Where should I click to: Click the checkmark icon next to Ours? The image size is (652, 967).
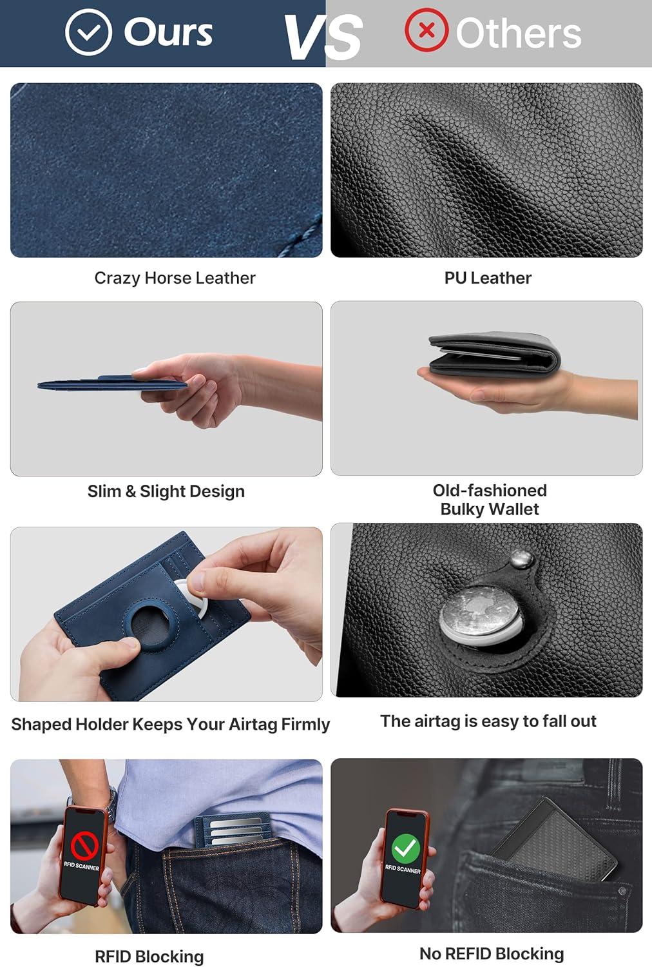[88, 32]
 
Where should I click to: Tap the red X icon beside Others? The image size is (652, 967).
[426, 30]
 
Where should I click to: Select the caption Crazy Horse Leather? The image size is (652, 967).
[175, 278]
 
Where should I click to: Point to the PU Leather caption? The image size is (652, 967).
[488, 278]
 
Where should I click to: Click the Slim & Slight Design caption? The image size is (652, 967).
[166, 491]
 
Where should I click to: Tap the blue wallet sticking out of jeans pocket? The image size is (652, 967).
[233, 831]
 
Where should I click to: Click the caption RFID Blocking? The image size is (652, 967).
[149, 957]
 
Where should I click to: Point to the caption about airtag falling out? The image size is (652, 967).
[488, 721]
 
